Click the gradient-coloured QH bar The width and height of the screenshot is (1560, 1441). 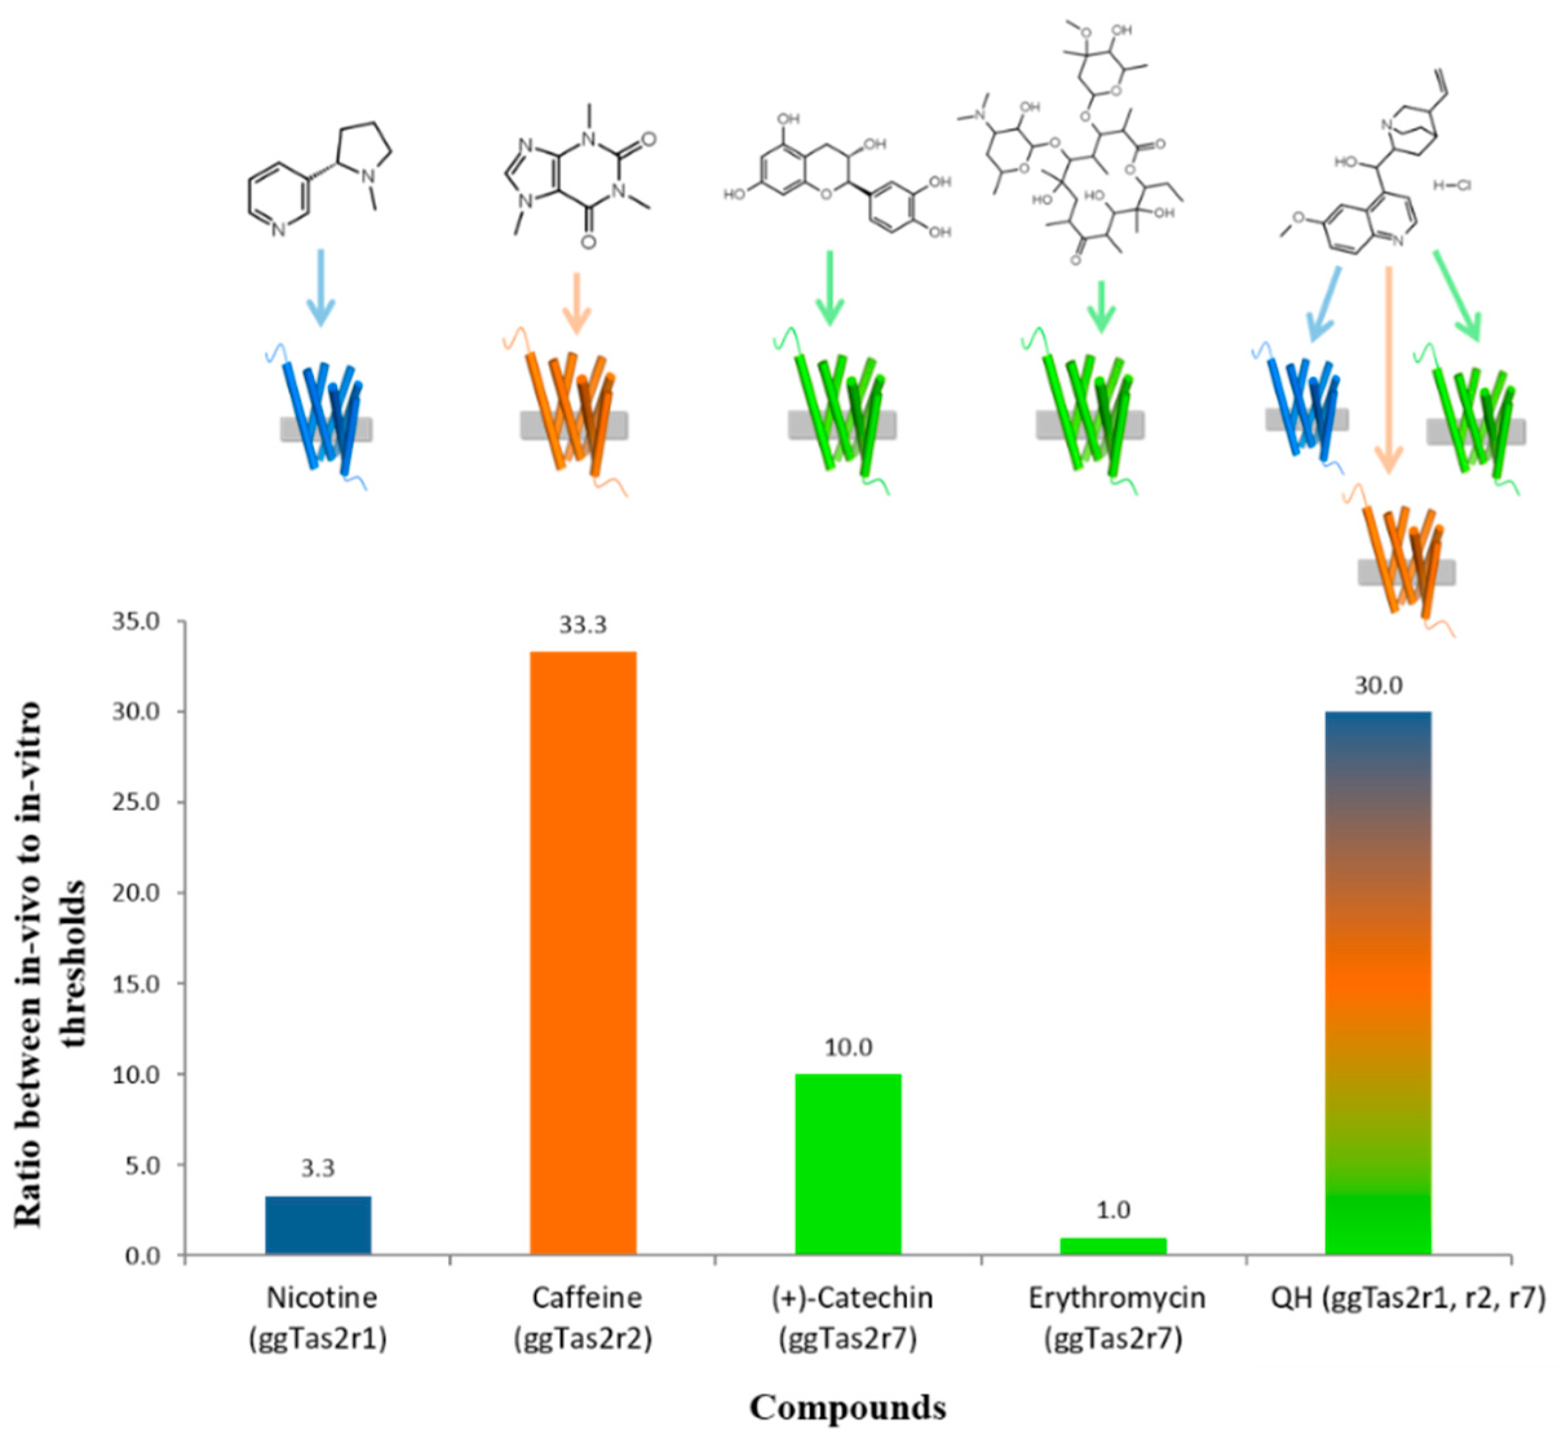pyautogui.click(x=1378, y=982)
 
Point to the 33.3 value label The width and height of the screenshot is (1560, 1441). pyautogui.click(x=583, y=625)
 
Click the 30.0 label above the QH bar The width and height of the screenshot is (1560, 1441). pyautogui.click(x=1378, y=686)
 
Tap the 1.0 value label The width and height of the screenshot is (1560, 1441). pyautogui.click(x=1113, y=1210)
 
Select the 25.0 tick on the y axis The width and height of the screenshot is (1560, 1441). pyautogui.click(x=140, y=803)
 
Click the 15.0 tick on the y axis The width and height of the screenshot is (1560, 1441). pyautogui.click(x=140, y=984)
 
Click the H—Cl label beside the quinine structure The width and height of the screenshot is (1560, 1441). pyautogui.click(x=1452, y=185)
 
